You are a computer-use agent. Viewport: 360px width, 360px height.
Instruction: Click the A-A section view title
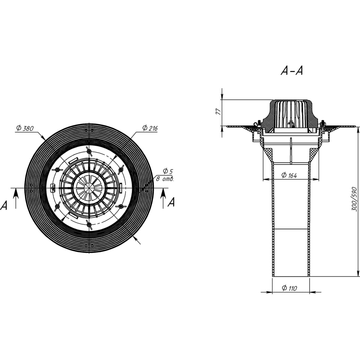tap(292, 71)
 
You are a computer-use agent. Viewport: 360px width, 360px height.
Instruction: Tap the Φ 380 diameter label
tap(25, 128)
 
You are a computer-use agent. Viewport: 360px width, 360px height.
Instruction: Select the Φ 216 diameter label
tap(150, 128)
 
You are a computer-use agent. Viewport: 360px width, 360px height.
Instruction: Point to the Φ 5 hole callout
tap(168, 171)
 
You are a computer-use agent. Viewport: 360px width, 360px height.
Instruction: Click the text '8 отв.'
tap(165, 179)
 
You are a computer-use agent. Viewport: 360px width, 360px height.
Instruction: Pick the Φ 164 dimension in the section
tap(289, 175)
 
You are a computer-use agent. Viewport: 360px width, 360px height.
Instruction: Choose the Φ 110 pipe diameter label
tap(289, 288)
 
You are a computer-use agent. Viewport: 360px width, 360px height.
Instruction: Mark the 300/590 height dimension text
tap(355, 199)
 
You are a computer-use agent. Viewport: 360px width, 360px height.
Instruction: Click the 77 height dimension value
tap(218, 112)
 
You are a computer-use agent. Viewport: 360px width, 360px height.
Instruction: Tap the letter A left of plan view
tap(4, 205)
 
